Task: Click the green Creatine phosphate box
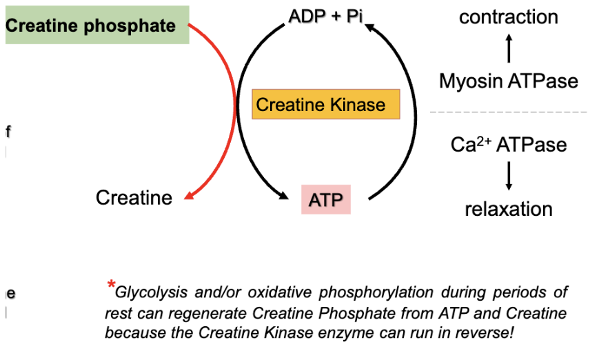click(96, 26)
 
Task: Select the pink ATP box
click(325, 200)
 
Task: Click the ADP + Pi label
click(325, 16)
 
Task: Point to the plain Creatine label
click(134, 198)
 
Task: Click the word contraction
click(509, 17)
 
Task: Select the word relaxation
click(509, 209)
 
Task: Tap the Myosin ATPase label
click(509, 81)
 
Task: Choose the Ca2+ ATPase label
click(509, 145)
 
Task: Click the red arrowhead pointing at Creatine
click(188, 197)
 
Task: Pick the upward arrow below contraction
click(509, 49)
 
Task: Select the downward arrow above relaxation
click(509, 176)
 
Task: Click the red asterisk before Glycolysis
click(110, 286)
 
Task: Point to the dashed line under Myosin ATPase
click(509, 112)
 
